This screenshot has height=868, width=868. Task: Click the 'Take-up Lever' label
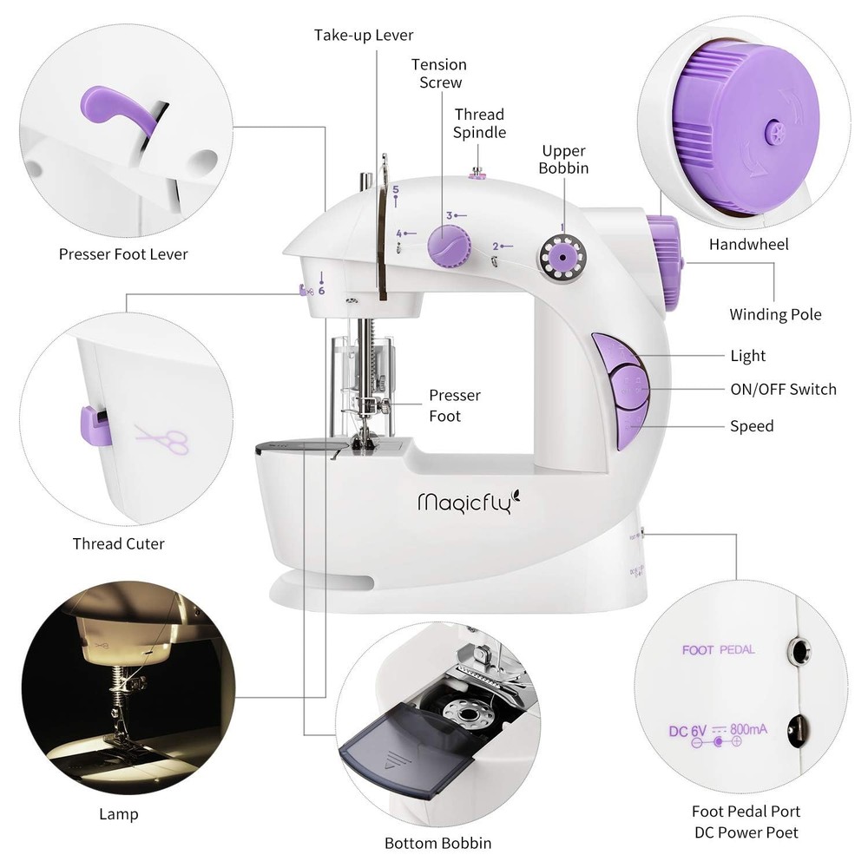(364, 36)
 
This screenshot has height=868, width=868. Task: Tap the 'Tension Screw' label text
(439, 74)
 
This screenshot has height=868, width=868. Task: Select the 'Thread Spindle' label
(479, 123)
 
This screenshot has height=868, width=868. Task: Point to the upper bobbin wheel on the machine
(560, 259)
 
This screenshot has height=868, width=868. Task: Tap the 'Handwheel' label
(748, 245)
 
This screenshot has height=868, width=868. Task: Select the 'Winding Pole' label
(775, 314)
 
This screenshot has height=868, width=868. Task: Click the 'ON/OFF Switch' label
(783, 390)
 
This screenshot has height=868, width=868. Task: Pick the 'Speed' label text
(751, 426)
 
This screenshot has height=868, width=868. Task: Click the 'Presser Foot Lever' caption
(123, 254)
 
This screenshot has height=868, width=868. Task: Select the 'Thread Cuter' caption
(118, 544)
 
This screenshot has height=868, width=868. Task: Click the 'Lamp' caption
(118, 814)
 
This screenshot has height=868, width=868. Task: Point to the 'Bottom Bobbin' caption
(438, 843)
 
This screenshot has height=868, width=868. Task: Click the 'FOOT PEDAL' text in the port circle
(718, 649)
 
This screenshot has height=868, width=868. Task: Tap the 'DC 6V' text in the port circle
(687, 730)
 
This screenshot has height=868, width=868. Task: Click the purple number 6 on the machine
(321, 291)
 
